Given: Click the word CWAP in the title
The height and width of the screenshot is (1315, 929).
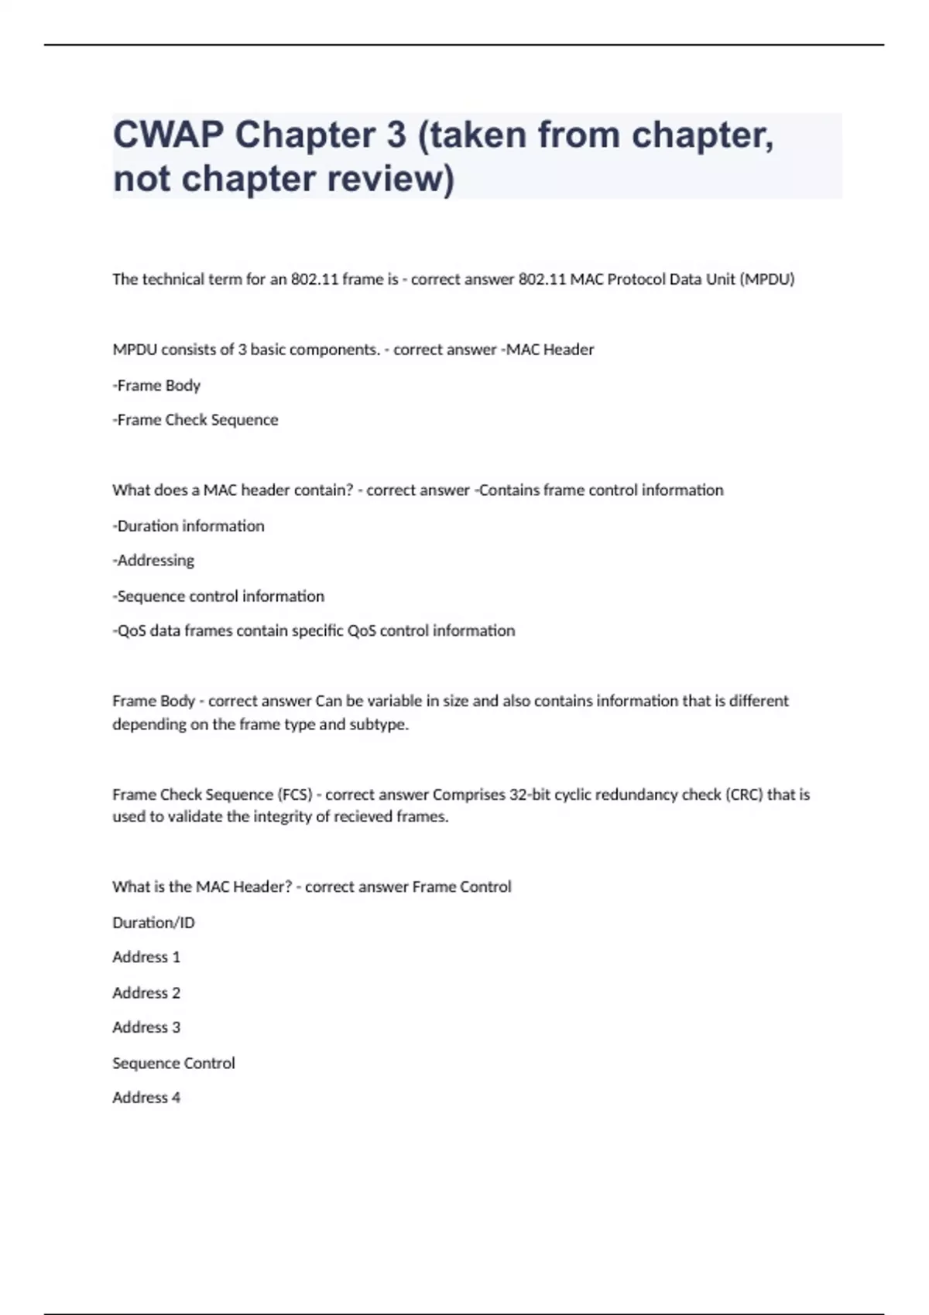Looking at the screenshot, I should coord(167,135).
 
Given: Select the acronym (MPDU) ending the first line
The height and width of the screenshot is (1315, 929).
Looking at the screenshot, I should coord(767,279).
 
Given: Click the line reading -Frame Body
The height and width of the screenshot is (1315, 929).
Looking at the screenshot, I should coord(156,385).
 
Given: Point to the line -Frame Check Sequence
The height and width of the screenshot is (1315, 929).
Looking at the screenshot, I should coord(195,420).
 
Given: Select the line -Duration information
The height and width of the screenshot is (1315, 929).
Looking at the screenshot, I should coord(188,526).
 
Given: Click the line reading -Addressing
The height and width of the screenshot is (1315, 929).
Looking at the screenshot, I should coord(153,560).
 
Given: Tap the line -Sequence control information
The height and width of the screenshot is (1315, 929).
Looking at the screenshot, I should coord(218,596).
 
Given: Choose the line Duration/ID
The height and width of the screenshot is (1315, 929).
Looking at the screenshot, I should coord(153,923).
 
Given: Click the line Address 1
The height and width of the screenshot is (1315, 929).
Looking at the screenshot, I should coord(146,958).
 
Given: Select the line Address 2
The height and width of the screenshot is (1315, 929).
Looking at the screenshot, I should coord(146,993).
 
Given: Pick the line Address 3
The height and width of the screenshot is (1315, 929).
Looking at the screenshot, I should coord(146,1028).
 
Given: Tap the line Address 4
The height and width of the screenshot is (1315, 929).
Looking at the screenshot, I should coord(146,1098).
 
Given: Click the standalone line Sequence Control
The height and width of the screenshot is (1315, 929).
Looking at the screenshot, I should coord(173,1064).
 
